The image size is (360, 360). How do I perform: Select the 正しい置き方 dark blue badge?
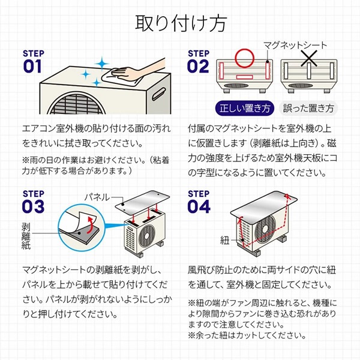pyautogui.click(x=244, y=109)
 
